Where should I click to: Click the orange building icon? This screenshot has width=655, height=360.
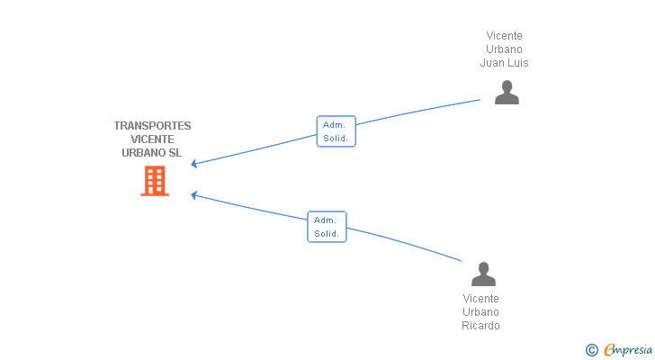(155, 181)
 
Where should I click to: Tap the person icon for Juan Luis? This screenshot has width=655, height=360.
(507, 93)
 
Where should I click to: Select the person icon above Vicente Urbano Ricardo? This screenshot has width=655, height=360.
(483, 274)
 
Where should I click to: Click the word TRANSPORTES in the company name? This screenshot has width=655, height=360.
(152, 126)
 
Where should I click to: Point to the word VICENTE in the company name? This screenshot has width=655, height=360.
(152, 139)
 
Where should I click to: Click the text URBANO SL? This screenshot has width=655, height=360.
(152, 153)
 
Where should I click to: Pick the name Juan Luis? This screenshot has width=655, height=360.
(504, 63)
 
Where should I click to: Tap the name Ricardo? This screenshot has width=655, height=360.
(480, 326)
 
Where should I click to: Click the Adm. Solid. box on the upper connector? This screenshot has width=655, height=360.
(336, 131)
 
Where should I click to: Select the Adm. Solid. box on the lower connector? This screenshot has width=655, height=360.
(327, 227)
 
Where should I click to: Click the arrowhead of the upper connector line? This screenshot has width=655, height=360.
(194, 164)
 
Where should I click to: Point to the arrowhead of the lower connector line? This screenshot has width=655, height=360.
(194, 194)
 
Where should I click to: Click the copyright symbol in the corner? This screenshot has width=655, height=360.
(592, 350)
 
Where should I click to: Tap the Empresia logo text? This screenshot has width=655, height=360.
(627, 349)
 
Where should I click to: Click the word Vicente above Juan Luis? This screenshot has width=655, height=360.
(504, 36)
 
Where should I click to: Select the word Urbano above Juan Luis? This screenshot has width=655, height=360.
(504, 49)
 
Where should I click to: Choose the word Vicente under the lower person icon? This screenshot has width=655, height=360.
(480, 299)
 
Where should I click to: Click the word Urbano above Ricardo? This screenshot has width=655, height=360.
(480, 312)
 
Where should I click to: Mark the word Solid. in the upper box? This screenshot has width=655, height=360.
(336, 139)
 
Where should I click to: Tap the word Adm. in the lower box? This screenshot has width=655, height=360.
(325, 220)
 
